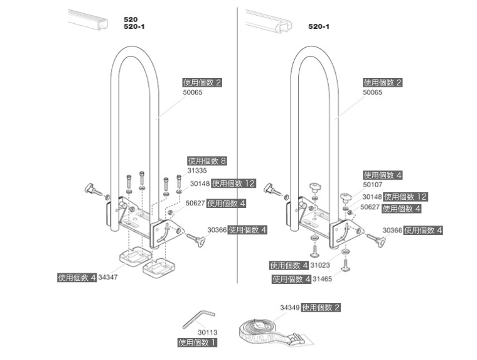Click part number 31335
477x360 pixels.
tap(196, 170)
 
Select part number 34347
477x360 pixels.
tap(107, 277)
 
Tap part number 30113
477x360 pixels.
tap(207, 332)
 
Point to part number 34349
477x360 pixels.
tap(289, 308)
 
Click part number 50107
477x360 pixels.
tap(372, 185)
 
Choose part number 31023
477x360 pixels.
tap(320, 265)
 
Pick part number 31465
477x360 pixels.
tap(322, 279)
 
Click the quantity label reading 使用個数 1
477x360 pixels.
tap(197, 343)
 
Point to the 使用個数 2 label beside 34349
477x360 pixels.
tap(321, 308)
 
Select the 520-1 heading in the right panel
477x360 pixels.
tap(319, 26)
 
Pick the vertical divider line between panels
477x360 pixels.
tap(237, 145)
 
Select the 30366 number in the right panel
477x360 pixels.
tap(392, 231)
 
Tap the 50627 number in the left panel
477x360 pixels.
tap(195, 204)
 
